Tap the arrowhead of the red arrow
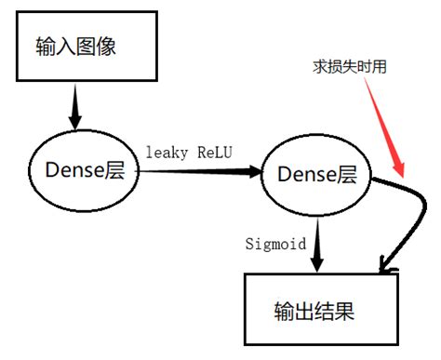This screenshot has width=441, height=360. point(400,170)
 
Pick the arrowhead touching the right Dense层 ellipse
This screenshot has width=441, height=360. point(252,172)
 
